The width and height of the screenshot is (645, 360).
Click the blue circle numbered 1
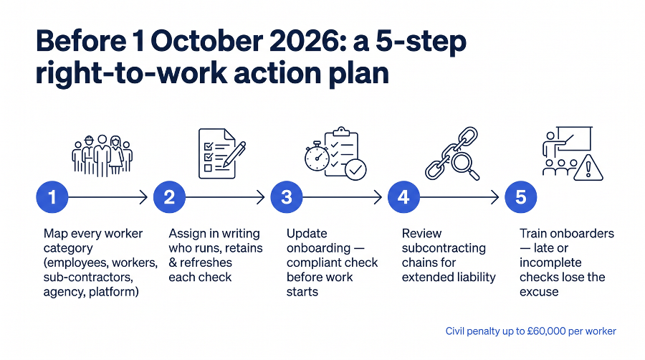coord(52,197)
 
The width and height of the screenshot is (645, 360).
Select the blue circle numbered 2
coord(169,197)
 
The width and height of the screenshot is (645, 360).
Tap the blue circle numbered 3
coord(287,197)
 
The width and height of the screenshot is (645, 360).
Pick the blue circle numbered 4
coord(403,197)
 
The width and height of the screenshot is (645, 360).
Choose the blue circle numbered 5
coord(521,197)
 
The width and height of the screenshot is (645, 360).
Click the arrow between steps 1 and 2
coord(107,197)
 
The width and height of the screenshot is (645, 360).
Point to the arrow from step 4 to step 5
coord(459,197)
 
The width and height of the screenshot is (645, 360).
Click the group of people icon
coord(102,156)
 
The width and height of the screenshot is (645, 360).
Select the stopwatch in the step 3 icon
coord(317,156)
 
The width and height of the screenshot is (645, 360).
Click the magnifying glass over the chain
coord(465,164)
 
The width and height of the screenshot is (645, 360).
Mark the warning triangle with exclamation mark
coord(588,168)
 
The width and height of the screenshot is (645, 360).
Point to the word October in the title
coord(206,41)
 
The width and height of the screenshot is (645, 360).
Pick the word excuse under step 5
coord(539,292)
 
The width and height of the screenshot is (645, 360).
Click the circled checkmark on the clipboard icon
coord(355,169)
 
